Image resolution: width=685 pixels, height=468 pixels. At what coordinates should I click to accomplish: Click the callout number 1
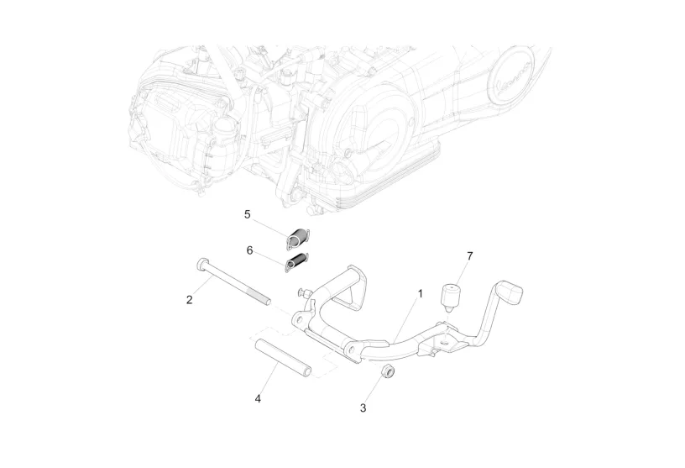[x=421, y=294]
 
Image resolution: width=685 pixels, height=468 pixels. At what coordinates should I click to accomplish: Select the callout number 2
[x=190, y=298]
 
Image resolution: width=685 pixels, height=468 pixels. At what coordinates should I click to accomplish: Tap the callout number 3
[x=363, y=408]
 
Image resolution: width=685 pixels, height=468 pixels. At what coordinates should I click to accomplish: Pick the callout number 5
[x=247, y=214]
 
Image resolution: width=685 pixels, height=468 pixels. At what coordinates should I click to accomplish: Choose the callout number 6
[x=249, y=250]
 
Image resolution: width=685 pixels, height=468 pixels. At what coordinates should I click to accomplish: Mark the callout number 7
[x=469, y=255]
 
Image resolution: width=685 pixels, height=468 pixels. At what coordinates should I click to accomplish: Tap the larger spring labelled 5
[x=298, y=239]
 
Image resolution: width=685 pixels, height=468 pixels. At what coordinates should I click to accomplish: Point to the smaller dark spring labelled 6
[x=295, y=264]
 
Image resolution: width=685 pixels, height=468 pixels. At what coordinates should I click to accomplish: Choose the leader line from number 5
[x=270, y=225]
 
